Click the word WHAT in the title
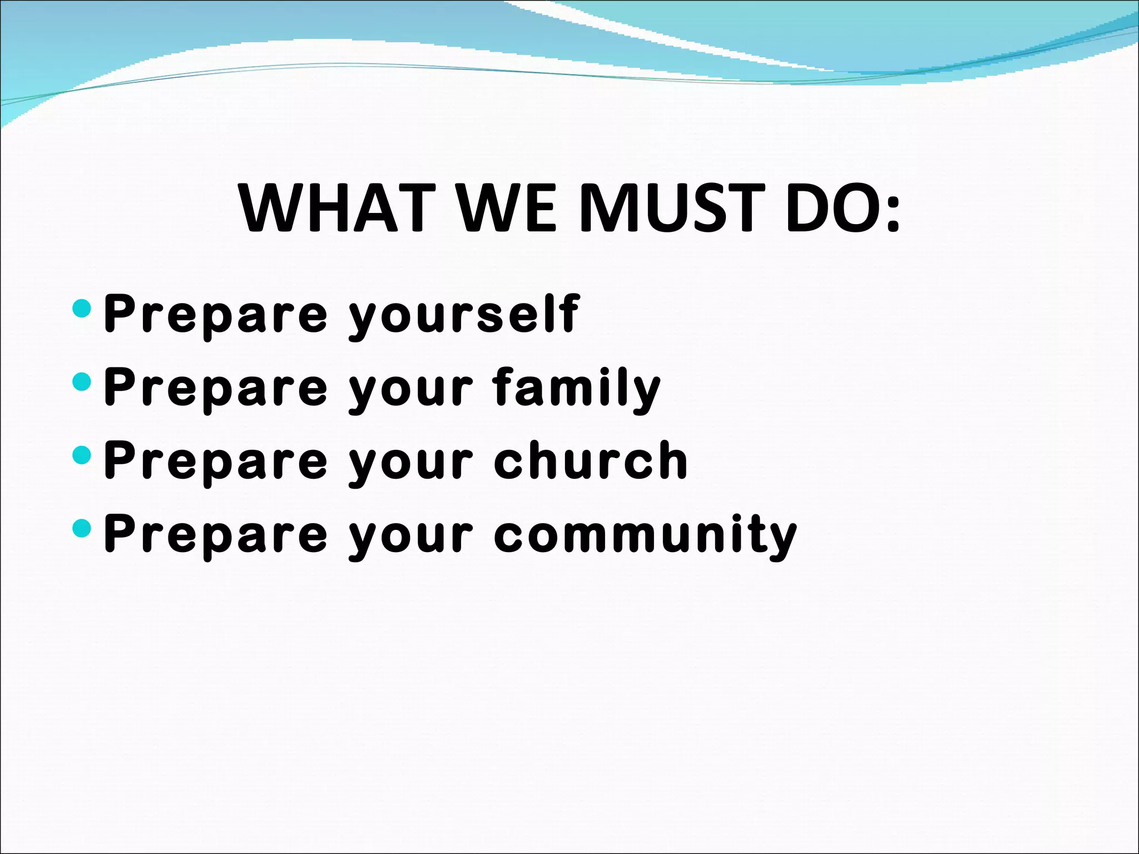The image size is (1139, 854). coord(337,208)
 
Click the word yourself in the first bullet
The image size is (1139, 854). coord(464,315)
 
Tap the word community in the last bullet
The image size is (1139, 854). coord(645,535)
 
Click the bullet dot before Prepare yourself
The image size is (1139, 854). coord(82,308)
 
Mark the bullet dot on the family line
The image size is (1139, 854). coord(82,381)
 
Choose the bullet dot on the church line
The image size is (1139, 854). coord(82,455)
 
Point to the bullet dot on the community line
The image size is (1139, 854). coord(82,528)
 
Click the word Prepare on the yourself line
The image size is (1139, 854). coord(216,315)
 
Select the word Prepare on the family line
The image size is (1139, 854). coord(216,388)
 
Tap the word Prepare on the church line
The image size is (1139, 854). coord(216,461)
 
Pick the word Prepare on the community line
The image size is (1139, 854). coord(216,535)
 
